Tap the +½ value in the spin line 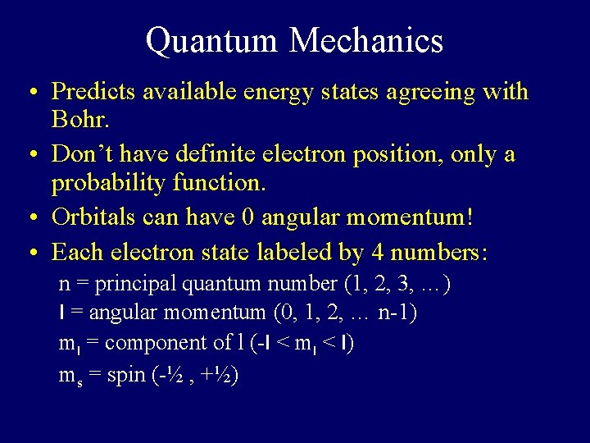tap(219, 375)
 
